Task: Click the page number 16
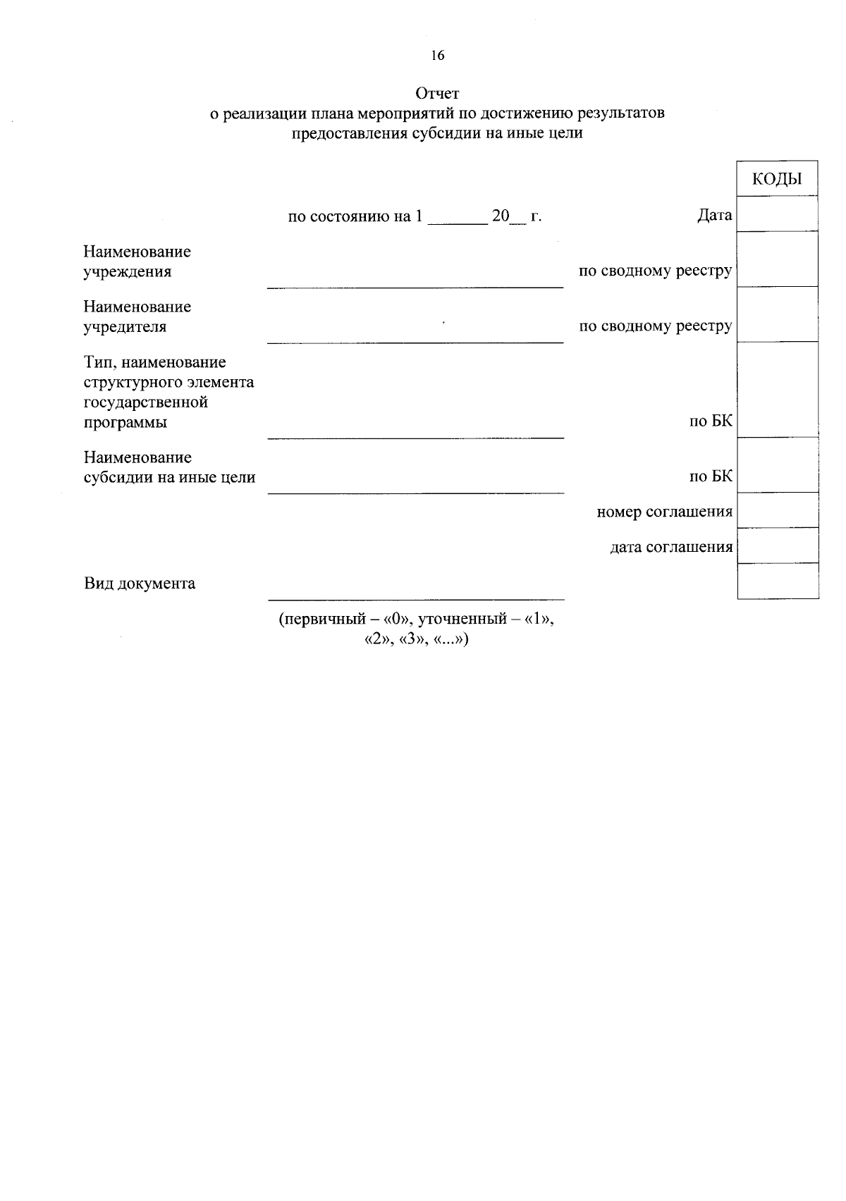click(x=438, y=56)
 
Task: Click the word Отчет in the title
click(x=437, y=93)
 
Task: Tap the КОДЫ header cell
click(x=778, y=178)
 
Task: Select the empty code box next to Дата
click(x=778, y=214)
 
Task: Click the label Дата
click(x=714, y=216)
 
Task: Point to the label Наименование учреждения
click(x=137, y=261)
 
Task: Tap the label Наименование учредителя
click(x=137, y=316)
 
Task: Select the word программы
click(x=125, y=423)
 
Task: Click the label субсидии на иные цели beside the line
click(x=169, y=477)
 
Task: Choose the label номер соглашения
click(x=664, y=512)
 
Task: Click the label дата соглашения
click(x=670, y=547)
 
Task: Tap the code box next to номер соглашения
click(x=778, y=510)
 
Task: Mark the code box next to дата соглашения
click(x=778, y=546)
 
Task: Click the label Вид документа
click(x=140, y=584)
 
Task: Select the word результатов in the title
click(x=620, y=113)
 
